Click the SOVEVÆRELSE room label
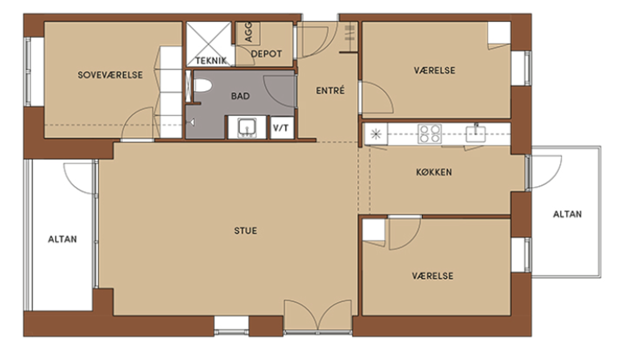coord(110,75)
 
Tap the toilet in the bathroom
coord(203,85)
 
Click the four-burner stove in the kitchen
coord(430,134)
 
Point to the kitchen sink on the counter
coord(476,134)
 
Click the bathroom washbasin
coord(247,127)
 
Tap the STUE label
coord(245,231)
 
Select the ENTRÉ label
coord(331,91)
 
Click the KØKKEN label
coord(434,172)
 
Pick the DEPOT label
coord(266,54)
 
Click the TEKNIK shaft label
coord(211,61)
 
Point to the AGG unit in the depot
coord(248,33)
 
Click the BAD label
coord(240,96)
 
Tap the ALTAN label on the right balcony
coord(567,214)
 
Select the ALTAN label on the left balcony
coord(62,239)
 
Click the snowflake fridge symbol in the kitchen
coord(376,134)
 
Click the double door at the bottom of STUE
coord(318,315)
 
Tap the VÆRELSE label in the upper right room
coord(434,70)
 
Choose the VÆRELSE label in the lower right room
coord(432,276)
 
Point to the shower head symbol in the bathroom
coord(192,122)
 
